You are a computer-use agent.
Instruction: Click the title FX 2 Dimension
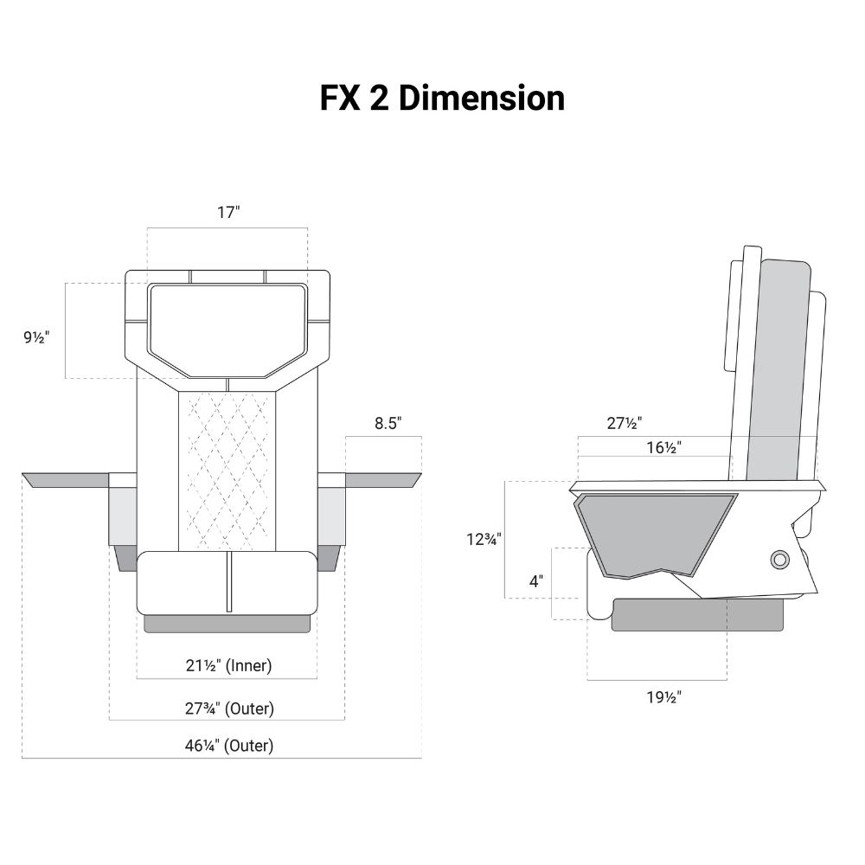(442, 98)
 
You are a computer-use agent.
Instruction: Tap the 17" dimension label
(227, 213)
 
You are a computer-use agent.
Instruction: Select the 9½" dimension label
(36, 337)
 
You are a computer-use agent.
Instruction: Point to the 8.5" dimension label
(388, 423)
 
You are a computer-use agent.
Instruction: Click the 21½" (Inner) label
(227, 666)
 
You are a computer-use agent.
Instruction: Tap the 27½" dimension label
(623, 423)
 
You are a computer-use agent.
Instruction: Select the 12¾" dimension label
(483, 539)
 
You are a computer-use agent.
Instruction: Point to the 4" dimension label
(536, 581)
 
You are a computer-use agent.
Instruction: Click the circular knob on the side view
(779, 560)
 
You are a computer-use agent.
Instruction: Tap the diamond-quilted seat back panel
(227, 471)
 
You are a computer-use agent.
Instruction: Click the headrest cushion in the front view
(227, 329)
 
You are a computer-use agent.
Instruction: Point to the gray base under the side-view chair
(697, 615)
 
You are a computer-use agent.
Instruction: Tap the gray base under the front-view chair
(227, 624)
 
